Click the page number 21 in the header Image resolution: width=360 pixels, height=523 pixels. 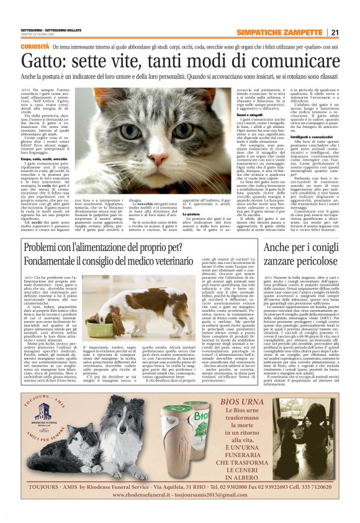click(335, 33)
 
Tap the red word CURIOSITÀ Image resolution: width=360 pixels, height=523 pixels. click(35, 47)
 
